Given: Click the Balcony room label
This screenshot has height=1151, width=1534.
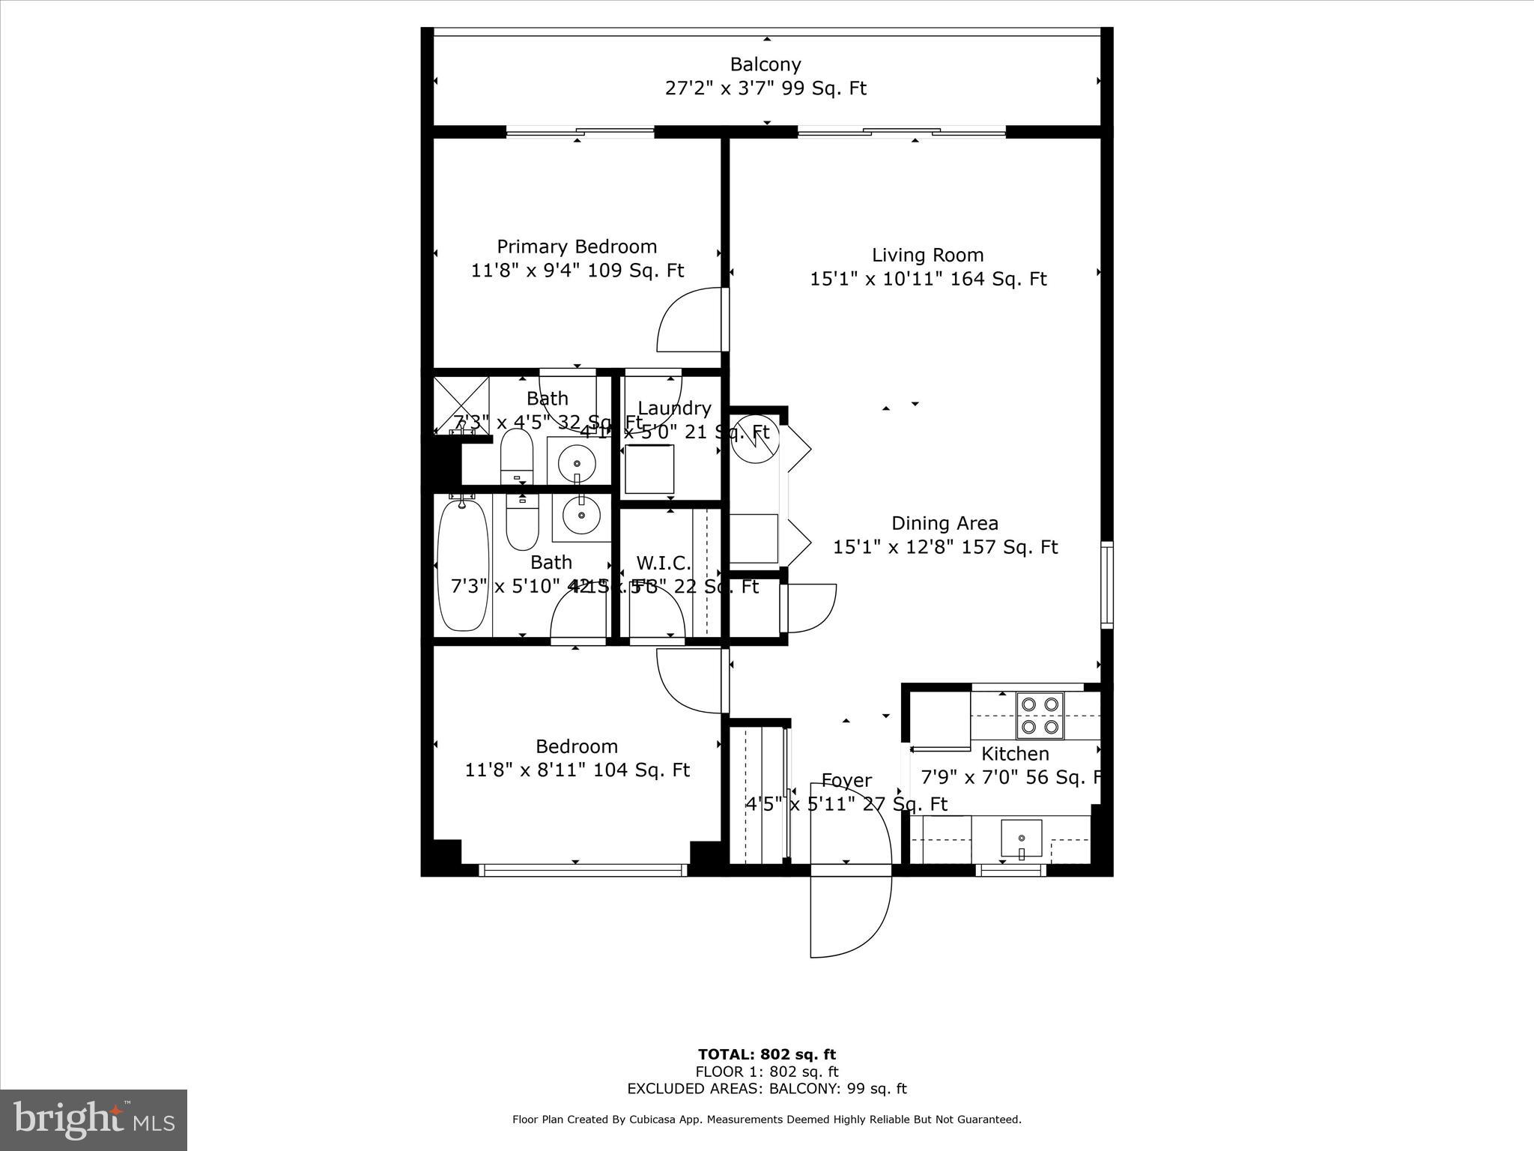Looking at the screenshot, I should pos(765,64).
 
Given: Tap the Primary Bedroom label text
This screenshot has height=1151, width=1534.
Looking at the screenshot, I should pos(577,247).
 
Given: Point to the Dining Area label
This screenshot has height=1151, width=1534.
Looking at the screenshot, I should pos(945,523).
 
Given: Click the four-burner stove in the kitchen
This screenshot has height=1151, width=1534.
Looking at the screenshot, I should pos(1040,715).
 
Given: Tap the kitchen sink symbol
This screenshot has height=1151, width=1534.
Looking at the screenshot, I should pos(1022,837).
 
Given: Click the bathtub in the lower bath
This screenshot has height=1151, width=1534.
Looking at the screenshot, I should pos(463,565).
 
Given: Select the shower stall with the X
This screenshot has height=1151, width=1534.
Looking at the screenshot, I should pos(461,405).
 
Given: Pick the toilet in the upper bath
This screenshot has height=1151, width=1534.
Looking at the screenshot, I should pos(516,457).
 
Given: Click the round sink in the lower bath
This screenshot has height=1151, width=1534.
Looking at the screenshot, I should pos(580,515).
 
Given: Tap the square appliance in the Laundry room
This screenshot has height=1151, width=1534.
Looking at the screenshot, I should pos(649,469).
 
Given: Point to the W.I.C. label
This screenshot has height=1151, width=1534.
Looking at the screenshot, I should pos(664,563).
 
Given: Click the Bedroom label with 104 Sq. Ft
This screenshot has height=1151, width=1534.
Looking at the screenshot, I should pos(577,746).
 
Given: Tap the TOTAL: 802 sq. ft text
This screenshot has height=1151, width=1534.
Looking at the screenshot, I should pos(766,1055).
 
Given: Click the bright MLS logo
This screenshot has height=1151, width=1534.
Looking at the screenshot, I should pos(94,1120).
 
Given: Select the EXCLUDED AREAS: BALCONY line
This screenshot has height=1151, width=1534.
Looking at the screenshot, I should pos(766,1089).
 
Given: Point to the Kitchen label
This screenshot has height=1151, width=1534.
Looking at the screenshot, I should pos(1015,754).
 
